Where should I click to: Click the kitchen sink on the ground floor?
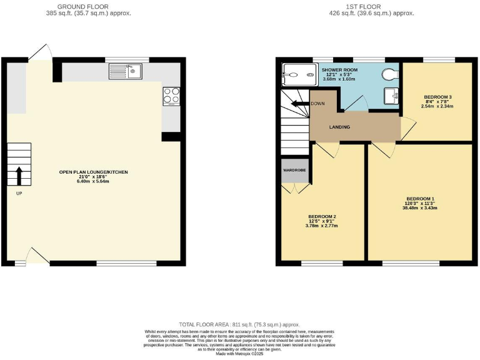133,72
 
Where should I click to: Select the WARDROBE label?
293,169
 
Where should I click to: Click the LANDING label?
339,127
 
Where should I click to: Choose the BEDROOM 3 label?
437,97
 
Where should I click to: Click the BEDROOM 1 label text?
419,199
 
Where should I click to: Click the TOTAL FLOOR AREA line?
239,325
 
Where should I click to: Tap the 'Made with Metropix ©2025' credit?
239,353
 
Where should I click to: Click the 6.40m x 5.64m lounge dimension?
93,181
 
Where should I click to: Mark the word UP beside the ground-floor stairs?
19,193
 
